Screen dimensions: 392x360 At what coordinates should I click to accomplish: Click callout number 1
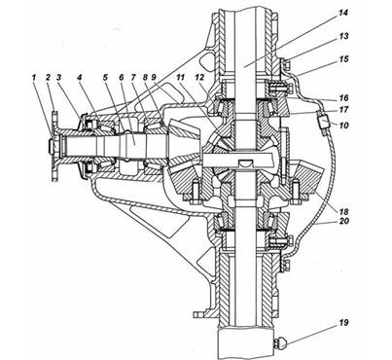[x=34, y=78]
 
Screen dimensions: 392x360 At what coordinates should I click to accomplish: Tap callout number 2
[x=48, y=78]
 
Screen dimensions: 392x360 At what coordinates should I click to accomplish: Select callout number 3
[x=58, y=78]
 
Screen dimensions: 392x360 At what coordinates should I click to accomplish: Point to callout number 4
[x=80, y=78]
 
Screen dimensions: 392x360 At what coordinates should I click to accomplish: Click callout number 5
[x=105, y=78]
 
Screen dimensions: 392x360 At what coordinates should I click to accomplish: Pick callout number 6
[x=122, y=78]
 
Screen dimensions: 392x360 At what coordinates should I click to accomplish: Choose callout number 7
[x=133, y=78]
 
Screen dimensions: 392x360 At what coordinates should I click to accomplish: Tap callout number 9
[x=154, y=78]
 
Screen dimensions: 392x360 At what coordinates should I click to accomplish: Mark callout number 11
[x=180, y=78]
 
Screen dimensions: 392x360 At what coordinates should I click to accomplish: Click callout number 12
[x=200, y=78]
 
